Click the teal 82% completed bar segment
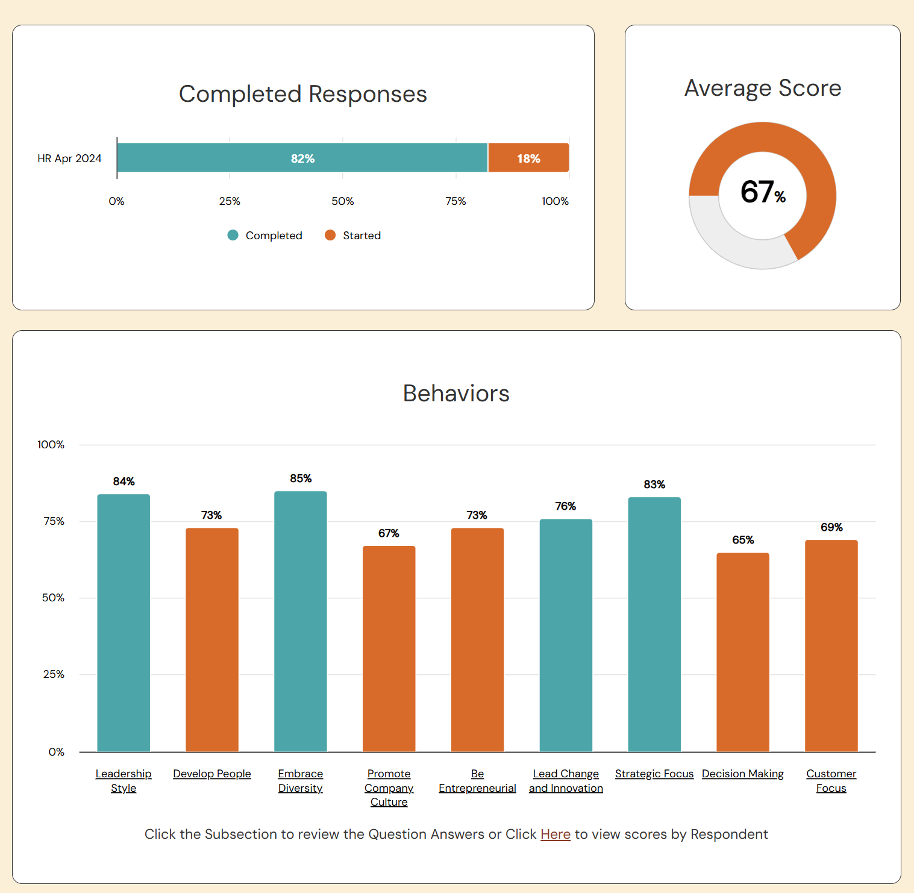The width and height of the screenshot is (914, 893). tap(302, 158)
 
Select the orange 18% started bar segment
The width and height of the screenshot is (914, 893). tap(528, 158)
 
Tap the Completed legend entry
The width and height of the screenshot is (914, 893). tap(265, 236)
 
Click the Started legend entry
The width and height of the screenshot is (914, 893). tap(353, 236)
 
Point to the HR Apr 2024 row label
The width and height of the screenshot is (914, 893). tap(69, 158)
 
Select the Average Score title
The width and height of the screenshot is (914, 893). tap(762, 88)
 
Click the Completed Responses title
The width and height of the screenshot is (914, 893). tap(302, 94)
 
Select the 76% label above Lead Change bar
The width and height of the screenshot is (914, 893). tap(565, 506)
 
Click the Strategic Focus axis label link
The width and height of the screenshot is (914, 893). tap(654, 774)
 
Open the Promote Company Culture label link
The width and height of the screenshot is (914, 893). tap(389, 788)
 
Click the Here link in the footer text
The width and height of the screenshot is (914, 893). tap(555, 834)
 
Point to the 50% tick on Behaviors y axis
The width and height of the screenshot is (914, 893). tap(53, 598)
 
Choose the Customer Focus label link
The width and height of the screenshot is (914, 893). tap(831, 781)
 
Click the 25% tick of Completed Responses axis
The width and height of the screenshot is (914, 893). tap(230, 201)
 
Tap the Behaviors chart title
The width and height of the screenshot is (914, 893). tap(456, 393)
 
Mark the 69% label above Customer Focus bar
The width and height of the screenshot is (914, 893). tap(831, 527)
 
